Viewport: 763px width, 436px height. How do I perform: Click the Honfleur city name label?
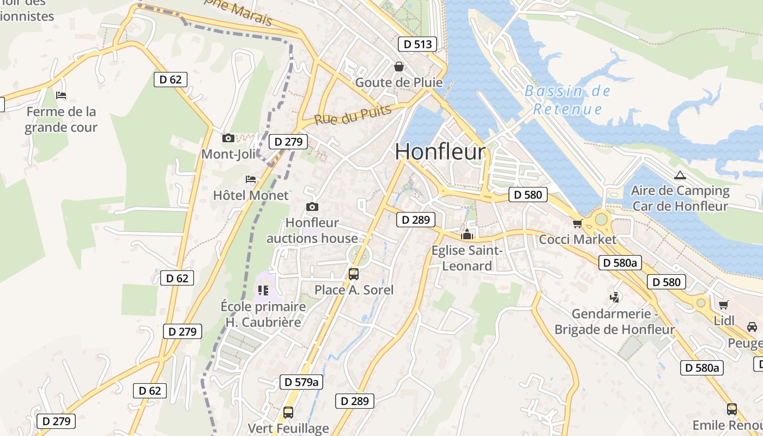440,151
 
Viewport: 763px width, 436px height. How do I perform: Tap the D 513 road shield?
417,44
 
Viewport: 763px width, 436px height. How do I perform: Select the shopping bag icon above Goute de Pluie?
399,66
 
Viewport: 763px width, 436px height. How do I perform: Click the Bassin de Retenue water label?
568,100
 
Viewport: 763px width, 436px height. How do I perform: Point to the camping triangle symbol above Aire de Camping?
679,175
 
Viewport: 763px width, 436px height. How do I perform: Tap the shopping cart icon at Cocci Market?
577,223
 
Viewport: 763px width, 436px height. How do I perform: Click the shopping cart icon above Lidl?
723,305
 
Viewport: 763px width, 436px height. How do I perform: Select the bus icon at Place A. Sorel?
353,274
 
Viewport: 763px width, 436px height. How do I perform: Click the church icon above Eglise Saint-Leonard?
467,235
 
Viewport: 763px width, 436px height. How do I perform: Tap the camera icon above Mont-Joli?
228,138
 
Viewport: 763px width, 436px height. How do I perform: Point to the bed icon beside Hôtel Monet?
251,179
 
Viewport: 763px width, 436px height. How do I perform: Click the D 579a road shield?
301,382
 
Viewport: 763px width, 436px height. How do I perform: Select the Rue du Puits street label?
353,115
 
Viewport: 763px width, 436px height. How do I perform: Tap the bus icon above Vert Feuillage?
288,413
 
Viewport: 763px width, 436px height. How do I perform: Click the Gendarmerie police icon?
615,298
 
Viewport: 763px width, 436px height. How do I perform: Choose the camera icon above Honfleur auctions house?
312,207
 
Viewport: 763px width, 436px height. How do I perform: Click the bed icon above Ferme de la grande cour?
61,95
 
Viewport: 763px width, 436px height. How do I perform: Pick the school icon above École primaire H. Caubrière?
263,290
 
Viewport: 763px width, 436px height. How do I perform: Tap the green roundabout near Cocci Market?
601,219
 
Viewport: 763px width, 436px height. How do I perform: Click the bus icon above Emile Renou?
731,409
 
